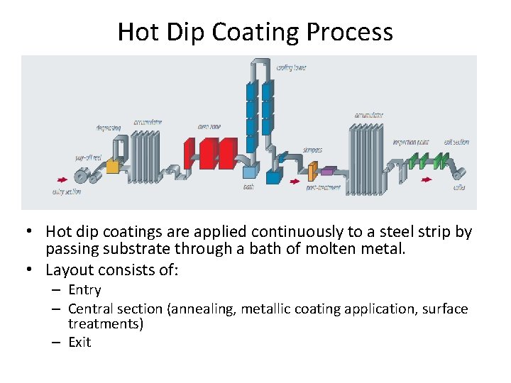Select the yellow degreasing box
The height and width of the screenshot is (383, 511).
(111, 167)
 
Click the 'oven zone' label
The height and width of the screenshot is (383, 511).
(209, 127)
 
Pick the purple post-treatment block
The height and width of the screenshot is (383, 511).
(328, 171)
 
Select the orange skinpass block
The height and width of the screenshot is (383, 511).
(312, 170)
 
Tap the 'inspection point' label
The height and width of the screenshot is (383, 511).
(411, 142)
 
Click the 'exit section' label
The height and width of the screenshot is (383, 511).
(456, 142)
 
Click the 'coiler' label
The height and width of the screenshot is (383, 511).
(460, 188)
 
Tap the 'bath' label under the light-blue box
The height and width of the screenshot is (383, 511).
(248, 187)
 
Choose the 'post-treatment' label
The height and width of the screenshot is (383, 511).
(323, 188)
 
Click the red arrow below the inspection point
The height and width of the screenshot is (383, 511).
(426, 180)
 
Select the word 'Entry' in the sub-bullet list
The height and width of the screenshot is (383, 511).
(84, 290)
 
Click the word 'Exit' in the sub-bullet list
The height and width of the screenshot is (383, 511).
(79, 343)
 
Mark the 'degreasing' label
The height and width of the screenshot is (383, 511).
(109, 128)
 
